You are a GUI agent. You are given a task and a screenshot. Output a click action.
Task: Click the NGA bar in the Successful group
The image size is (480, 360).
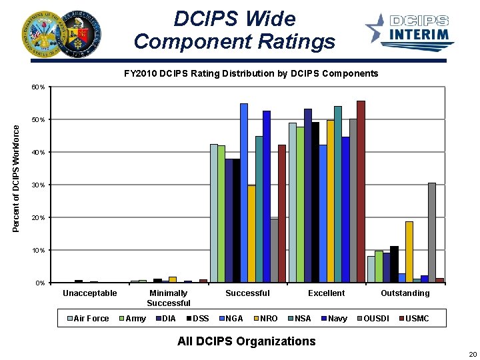[244, 193]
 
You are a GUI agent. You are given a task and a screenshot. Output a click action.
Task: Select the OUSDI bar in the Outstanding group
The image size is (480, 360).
[432, 233]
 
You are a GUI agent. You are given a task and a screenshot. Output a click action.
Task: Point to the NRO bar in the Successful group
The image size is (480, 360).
[251, 234]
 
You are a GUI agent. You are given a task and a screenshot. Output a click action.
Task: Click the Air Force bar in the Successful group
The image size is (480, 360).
[214, 213]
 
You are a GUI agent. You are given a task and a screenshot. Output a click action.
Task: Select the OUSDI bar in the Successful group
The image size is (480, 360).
[274, 251]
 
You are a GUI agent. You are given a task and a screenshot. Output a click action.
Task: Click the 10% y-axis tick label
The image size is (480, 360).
[39, 251]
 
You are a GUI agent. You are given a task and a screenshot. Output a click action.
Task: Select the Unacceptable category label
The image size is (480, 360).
[90, 293]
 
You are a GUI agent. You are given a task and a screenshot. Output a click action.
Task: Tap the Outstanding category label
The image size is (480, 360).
[405, 293]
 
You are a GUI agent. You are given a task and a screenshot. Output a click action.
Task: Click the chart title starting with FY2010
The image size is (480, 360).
[251, 73]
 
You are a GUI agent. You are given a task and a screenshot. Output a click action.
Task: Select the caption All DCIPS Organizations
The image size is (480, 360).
[247, 341]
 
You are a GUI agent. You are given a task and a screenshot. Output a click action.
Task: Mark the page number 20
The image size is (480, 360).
[473, 354]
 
